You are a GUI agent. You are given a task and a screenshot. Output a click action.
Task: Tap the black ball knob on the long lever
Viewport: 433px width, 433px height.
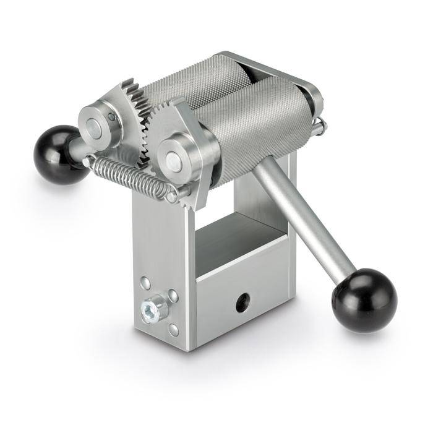(x=364, y=300)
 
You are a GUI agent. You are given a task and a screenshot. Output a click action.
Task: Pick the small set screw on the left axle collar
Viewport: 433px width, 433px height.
(x=111, y=116)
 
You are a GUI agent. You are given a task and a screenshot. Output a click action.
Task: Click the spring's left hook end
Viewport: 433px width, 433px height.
(x=89, y=162)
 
